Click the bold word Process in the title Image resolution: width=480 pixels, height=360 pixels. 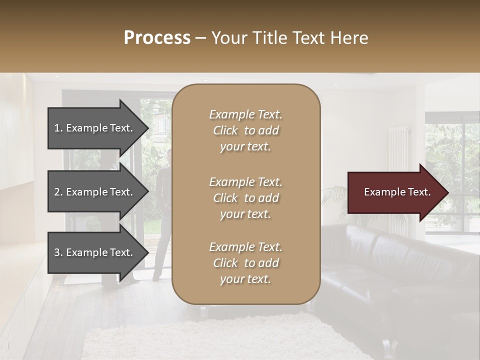pyautogui.click(x=157, y=38)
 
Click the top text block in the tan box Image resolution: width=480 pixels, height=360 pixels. pyautogui.click(x=245, y=130)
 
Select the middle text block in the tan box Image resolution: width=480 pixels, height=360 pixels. pyautogui.click(x=245, y=197)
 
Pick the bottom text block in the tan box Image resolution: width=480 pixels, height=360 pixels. pyautogui.click(x=245, y=262)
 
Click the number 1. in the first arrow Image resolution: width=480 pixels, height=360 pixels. pyautogui.click(x=58, y=128)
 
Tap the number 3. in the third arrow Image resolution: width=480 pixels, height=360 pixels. pyautogui.click(x=58, y=252)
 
